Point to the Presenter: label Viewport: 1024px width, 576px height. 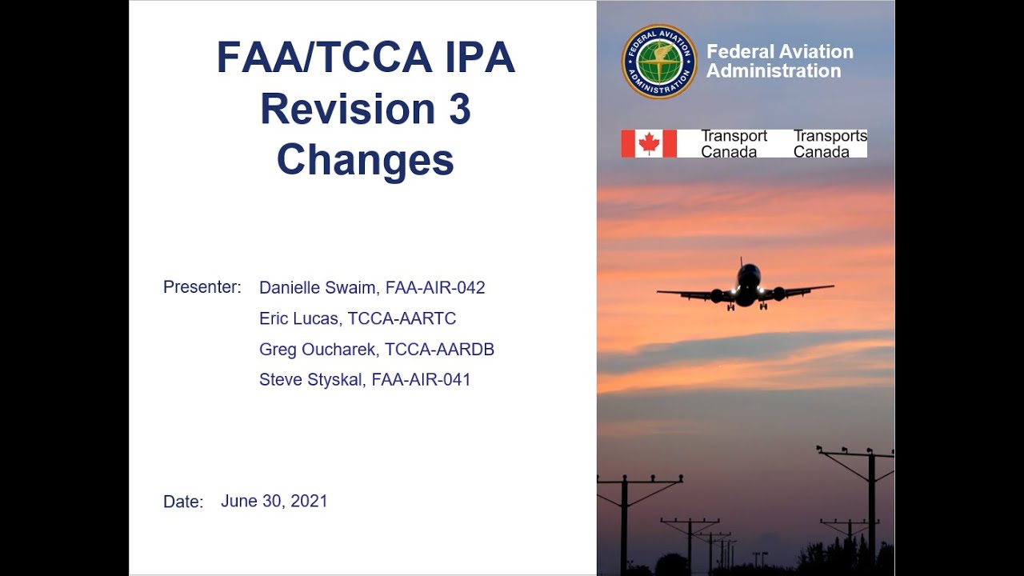pos(202,287)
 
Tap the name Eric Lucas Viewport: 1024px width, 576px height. pos(298,318)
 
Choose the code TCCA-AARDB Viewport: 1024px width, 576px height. pos(439,350)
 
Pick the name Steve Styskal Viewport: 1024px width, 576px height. pos(310,380)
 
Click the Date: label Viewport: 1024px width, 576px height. pos(183,502)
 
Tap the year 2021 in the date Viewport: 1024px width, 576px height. pos(309,502)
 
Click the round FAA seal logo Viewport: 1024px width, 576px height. pos(659,62)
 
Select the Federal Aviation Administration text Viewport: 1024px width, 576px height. pos(779,62)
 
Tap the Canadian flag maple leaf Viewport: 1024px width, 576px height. pos(649,144)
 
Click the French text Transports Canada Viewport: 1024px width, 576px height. pos(830,144)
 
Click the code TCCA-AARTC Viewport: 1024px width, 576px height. pos(402,318)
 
